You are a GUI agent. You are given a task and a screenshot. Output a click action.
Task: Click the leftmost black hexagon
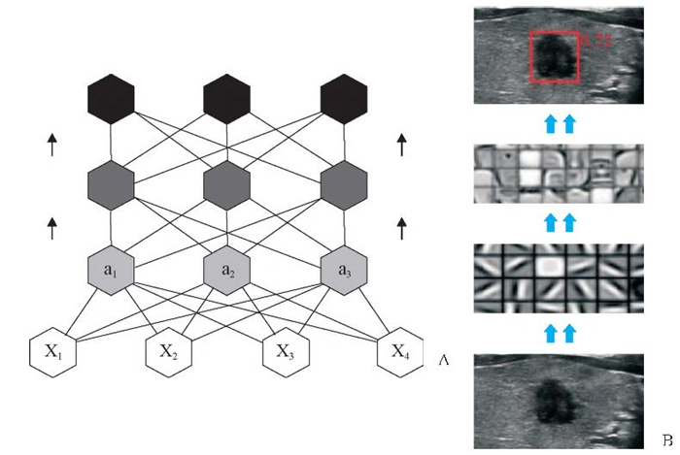pos(112,97)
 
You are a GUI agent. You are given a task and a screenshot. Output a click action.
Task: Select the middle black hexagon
pos(228,97)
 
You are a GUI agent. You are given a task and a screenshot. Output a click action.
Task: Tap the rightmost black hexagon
pos(344,97)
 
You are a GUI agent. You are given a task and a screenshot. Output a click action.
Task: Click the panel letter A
pos(444,360)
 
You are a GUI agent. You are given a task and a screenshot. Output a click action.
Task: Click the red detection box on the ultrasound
pos(555,56)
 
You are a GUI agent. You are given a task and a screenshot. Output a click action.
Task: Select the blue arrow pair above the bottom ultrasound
pos(558,334)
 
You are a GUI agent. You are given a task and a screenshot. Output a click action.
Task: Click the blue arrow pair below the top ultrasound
pos(558,122)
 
